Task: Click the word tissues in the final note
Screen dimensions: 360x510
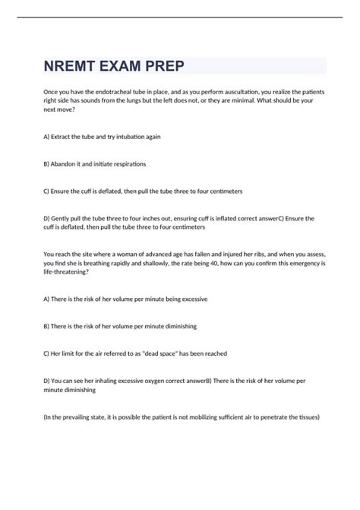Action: tap(309, 417)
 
